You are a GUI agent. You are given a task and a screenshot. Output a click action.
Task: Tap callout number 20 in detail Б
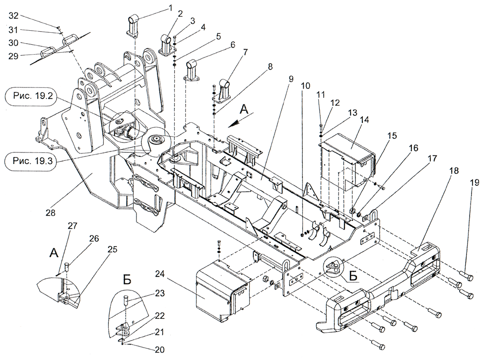pyautogui.click(x=159, y=350)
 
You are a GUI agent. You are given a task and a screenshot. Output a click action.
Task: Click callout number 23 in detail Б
pyautogui.click(x=159, y=293)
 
